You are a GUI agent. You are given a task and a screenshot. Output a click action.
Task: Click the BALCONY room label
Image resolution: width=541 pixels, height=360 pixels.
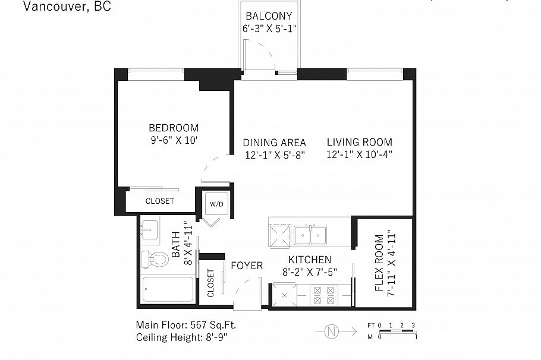coord(269,16)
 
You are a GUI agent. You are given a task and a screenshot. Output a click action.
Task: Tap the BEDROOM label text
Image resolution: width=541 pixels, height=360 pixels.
coord(174,128)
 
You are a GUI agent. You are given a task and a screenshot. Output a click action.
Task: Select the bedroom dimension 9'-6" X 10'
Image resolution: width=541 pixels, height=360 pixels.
coord(174,141)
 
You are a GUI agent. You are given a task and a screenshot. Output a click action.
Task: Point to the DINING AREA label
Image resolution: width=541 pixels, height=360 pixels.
coord(274,143)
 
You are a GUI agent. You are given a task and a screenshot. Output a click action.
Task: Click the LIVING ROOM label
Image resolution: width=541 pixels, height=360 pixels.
coord(359,142)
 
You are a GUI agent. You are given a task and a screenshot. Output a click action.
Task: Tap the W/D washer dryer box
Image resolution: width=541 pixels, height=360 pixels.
coord(216,204)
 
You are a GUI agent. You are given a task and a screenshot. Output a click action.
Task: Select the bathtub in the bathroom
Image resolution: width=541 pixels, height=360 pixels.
coord(168,289)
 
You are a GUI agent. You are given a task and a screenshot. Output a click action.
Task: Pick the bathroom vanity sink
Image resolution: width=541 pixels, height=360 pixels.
coord(150,229)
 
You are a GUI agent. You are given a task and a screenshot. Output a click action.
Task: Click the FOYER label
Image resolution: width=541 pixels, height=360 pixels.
coord(246,266)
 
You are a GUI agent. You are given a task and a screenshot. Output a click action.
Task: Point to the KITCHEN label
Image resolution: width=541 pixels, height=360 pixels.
coord(309,260)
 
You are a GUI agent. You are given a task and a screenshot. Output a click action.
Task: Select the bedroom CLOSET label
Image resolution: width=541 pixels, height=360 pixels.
coord(160,201)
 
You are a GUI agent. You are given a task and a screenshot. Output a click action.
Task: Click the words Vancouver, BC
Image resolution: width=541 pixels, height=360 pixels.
coord(67,7)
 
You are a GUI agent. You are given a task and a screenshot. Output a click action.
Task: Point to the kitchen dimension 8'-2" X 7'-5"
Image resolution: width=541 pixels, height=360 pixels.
coord(309,272)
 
